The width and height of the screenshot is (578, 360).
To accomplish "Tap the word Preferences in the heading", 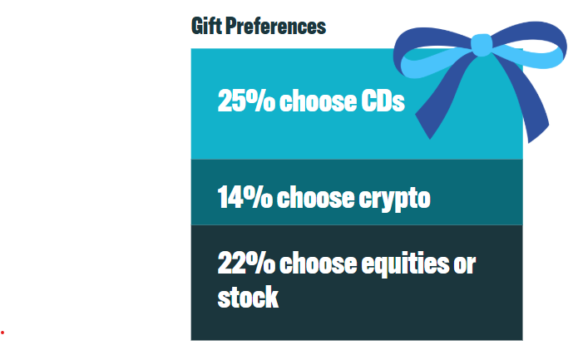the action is [x=276, y=26].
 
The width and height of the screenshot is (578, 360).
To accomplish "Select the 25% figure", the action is [x=246, y=101].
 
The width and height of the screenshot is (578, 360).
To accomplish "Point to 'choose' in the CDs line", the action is [x=318, y=101].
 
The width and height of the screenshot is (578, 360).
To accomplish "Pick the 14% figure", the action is [x=245, y=197].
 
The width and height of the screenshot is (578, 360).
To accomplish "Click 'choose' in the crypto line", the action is [x=315, y=197].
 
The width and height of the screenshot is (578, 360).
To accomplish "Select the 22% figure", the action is [x=246, y=263].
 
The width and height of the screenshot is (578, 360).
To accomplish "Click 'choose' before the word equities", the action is [x=318, y=263].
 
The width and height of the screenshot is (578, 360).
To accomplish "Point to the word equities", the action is [x=405, y=264].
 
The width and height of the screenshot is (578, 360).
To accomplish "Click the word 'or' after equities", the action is [x=465, y=265].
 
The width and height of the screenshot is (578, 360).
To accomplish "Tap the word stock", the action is [x=248, y=297].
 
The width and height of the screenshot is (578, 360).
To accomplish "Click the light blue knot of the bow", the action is [x=482, y=45].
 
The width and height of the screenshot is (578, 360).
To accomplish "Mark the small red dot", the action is [x=2, y=333].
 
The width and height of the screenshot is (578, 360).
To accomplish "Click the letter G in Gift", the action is [x=197, y=26].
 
